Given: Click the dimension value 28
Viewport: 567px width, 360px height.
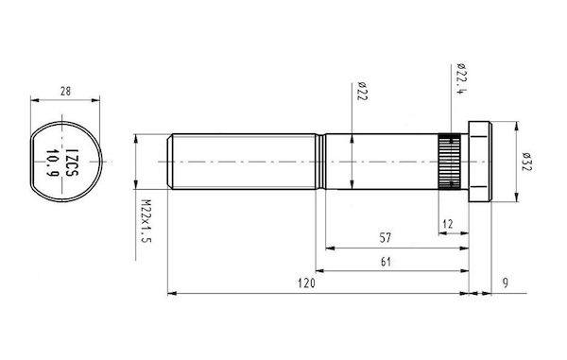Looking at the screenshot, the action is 65,91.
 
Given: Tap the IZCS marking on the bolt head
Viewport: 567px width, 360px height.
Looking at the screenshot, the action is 73,162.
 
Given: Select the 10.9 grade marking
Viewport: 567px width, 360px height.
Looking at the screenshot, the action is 53,163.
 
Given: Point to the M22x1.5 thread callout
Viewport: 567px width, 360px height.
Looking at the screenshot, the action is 146,221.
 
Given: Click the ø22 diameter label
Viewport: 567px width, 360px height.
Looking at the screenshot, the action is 363,91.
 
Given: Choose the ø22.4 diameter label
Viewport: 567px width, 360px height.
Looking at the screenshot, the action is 461,79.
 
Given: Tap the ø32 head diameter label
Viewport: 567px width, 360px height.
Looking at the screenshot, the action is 527,162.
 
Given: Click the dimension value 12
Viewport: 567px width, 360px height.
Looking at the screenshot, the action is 448,224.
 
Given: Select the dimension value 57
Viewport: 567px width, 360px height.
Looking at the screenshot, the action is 386,238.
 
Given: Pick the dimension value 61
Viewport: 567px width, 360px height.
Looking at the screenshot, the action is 387,262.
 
